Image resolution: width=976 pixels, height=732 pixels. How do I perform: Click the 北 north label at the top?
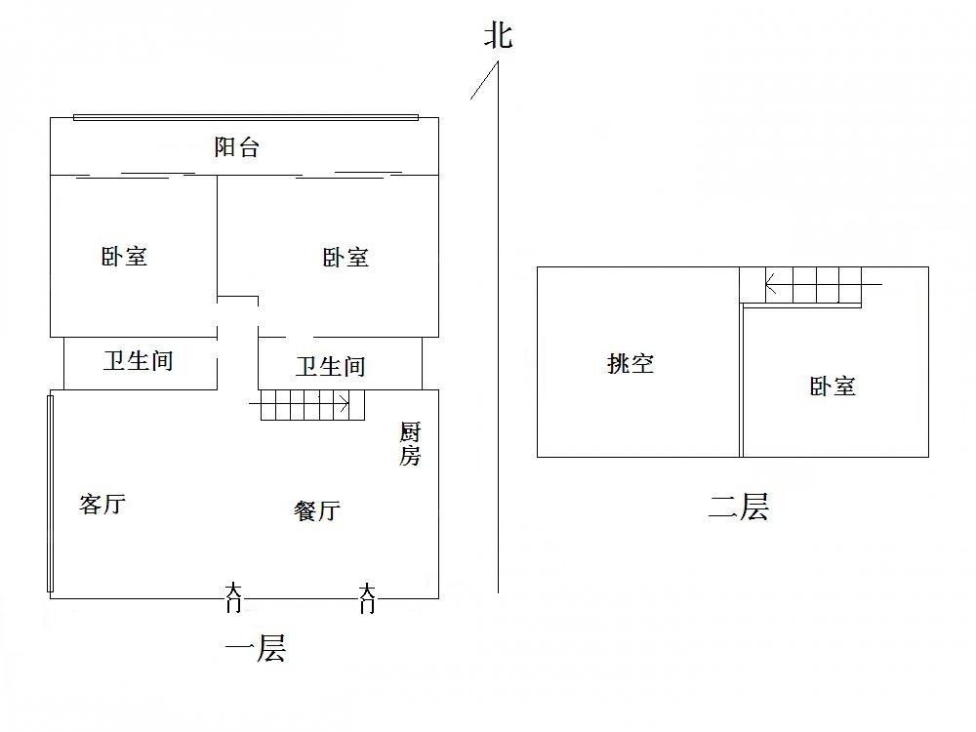[x=498, y=37]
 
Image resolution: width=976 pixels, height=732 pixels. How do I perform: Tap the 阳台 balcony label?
[x=237, y=148]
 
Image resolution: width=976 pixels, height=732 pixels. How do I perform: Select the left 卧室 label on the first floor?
[x=124, y=257]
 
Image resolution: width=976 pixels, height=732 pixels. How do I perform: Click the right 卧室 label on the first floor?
[x=346, y=258]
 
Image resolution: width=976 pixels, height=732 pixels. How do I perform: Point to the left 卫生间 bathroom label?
[x=139, y=361]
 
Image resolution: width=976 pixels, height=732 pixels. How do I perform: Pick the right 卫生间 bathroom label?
[x=331, y=367]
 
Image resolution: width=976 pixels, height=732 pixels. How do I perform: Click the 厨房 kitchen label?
[x=410, y=444]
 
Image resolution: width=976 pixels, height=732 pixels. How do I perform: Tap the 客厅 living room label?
[x=102, y=506]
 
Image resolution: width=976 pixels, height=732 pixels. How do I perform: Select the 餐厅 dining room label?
[x=317, y=510]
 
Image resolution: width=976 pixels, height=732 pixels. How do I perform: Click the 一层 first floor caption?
[x=256, y=649]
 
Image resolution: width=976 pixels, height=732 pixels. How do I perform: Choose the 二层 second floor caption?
[x=739, y=508]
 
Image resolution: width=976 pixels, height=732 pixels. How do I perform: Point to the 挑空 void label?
[x=630, y=364]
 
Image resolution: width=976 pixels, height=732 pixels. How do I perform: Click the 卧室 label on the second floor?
[x=833, y=386]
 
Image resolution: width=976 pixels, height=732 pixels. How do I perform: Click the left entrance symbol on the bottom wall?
[x=233, y=597]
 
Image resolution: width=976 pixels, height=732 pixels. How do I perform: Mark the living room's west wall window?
[x=50, y=493]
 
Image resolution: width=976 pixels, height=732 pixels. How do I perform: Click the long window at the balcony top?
[x=246, y=117]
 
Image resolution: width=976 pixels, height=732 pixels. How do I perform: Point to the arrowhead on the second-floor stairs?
[x=770, y=286]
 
